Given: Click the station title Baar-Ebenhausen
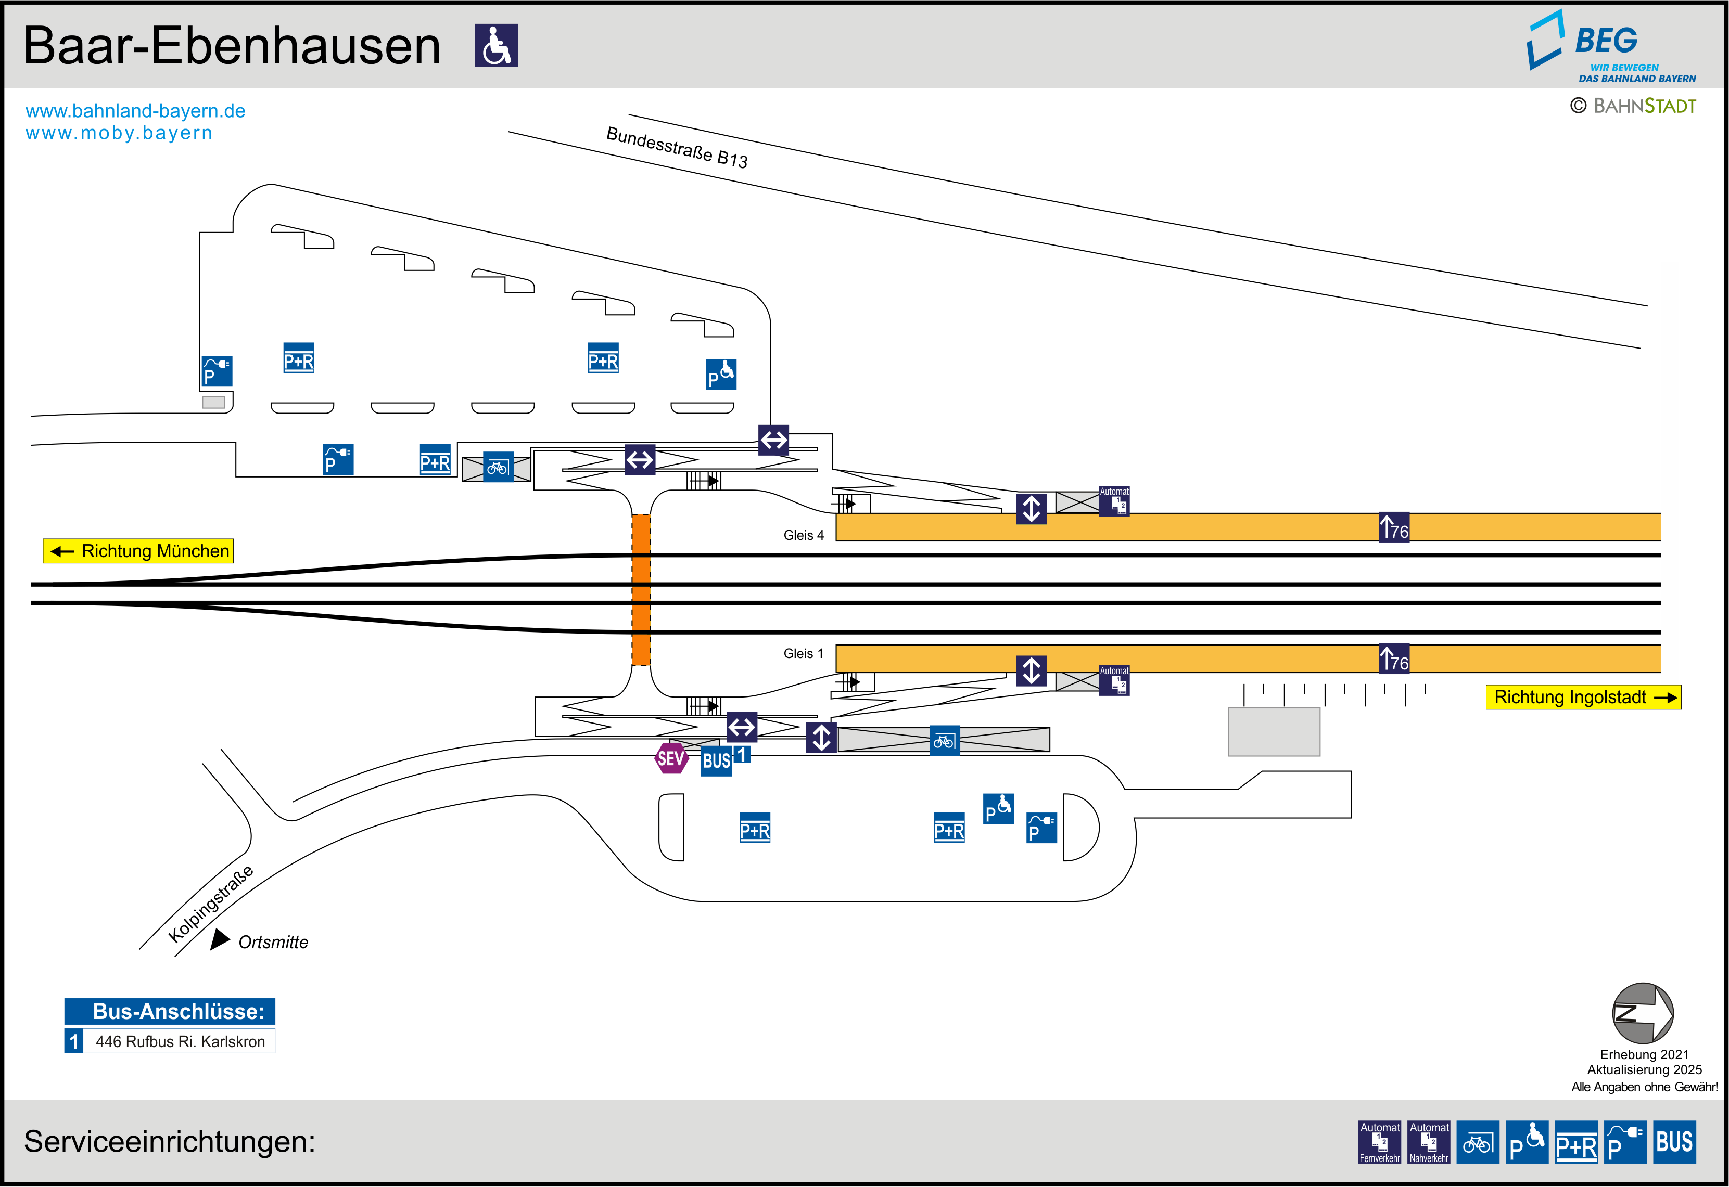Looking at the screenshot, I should (x=232, y=46).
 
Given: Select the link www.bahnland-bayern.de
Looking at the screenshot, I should (x=135, y=111).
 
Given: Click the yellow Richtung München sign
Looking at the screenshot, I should (x=138, y=551).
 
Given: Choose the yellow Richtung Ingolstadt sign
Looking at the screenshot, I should (x=1582, y=698).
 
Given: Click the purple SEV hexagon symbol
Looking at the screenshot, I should (x=670, y=758).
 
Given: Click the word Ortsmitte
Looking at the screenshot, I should (x=273, y=943).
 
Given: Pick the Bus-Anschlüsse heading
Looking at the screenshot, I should (x=170, y=1012).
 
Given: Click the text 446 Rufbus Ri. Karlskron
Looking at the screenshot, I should (x=180, y=1042).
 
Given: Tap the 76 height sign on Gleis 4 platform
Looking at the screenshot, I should (x=1393, y=527).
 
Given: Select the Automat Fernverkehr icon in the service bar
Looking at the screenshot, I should (x=1379, y=1142).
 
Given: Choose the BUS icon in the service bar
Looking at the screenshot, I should (x=1674, y=1142).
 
